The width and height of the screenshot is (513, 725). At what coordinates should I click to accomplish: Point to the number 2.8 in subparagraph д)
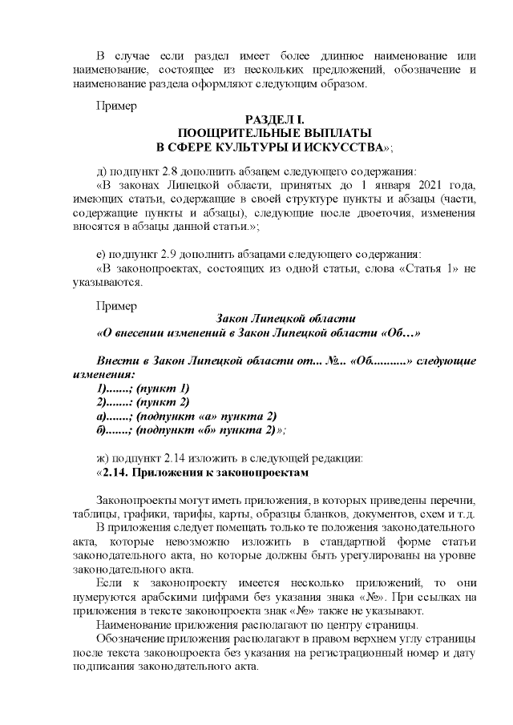(x=174, y=171)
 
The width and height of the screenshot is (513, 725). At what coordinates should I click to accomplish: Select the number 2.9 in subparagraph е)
(x=172, y=255)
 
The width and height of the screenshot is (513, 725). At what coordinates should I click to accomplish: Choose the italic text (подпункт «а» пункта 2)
(x=206, y=415)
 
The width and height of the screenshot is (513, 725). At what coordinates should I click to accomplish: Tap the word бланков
(x=334, y=514)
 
